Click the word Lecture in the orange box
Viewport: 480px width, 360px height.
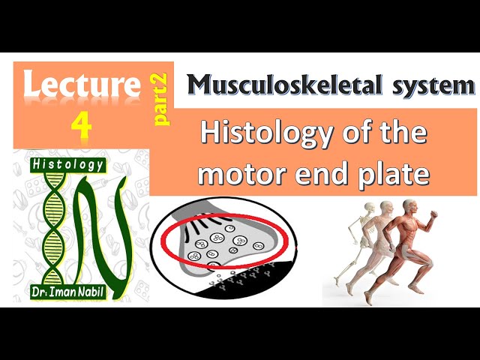tap(82, 83)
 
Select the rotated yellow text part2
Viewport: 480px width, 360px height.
tap(160, 99)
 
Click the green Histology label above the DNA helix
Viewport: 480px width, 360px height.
tap(68, 165)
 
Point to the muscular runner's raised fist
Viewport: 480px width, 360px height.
tap(434, 214)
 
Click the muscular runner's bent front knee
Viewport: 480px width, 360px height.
tap(428, 262)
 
